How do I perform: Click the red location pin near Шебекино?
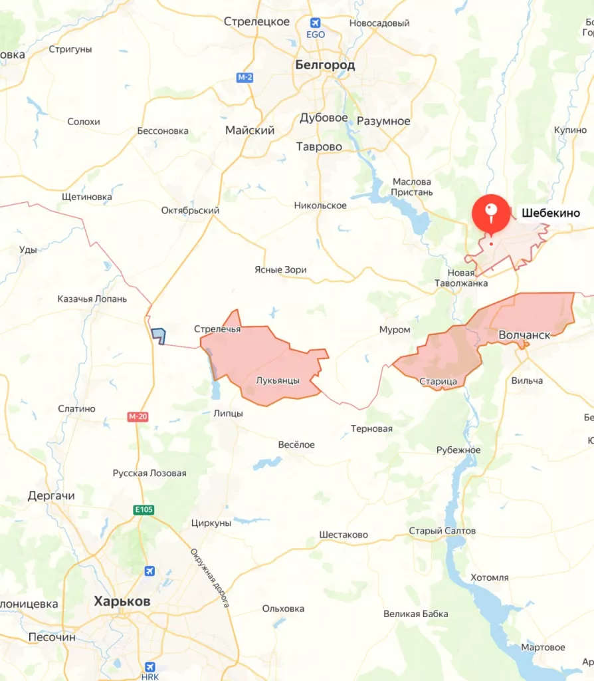click(490, 212)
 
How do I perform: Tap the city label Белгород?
click(325, 65)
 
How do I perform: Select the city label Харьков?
click(122, 601)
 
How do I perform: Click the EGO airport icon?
click(315, 24)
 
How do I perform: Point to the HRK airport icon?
click(150, 667)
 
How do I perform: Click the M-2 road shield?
click(245, 78)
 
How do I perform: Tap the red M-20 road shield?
click(137, 416)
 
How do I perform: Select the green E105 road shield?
click(143, 510)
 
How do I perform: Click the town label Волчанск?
click(524, 335)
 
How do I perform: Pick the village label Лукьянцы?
click(278, 381)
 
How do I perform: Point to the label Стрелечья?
click(217, 329)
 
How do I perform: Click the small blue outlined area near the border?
click(159, 335)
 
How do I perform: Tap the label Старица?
click(438, 381)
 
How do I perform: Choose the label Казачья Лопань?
click(92, 299)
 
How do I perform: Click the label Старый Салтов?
click(442, 531)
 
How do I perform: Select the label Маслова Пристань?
click(412, 187)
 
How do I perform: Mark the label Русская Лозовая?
click(149, 474)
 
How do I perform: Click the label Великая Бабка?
click(416, 614)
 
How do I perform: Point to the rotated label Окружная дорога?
click(210, 577)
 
